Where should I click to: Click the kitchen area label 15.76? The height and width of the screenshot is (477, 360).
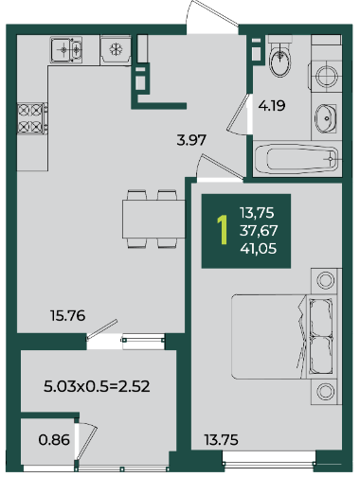(x=67, y=315)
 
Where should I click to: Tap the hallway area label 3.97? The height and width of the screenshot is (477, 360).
(x=191, y=140)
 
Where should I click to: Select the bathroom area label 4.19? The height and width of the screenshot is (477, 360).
(x=272, y=105)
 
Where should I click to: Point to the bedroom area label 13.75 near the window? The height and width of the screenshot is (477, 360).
(x=221, y=439)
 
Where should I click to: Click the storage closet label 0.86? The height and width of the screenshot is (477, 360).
(x=54, y=439)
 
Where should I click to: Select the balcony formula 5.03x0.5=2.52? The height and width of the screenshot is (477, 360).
(x=97, y=386)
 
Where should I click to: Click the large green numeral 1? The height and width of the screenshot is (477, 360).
(x=223, y=230)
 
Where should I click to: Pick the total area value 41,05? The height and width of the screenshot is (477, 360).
(x=259, y=249)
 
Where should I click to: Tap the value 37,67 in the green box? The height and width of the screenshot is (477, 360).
(x=259, y=231)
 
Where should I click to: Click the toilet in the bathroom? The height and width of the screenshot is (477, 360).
(x=279, y=56)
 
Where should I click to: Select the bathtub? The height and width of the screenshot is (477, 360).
(x=297, y=159)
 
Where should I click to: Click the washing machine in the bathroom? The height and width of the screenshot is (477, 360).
(x=326, y=77)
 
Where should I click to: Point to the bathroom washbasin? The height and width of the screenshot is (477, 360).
(x=325, y=118)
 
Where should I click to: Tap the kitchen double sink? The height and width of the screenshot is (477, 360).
(x=66, y=49)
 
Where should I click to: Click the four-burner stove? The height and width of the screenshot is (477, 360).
(x=32, y=118)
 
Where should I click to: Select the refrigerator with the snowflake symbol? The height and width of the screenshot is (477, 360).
(x=116, y=50)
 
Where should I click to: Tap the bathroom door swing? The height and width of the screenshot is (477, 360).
(x=240, y=115)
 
